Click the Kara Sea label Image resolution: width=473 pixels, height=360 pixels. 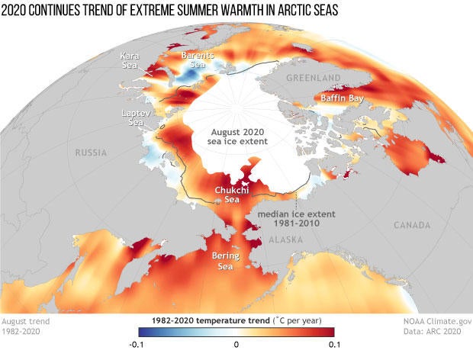(x=129, y=60)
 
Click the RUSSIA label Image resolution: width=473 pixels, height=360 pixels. (x=91, y=153)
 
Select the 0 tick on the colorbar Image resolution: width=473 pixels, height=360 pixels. (x=236, y=345)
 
